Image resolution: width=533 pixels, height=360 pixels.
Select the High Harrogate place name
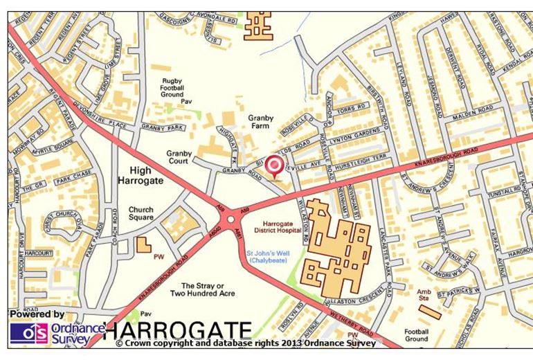(140, 174)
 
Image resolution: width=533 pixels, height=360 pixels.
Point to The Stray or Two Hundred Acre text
(208, 289)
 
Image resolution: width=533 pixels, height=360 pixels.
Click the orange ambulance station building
(429, 311)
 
